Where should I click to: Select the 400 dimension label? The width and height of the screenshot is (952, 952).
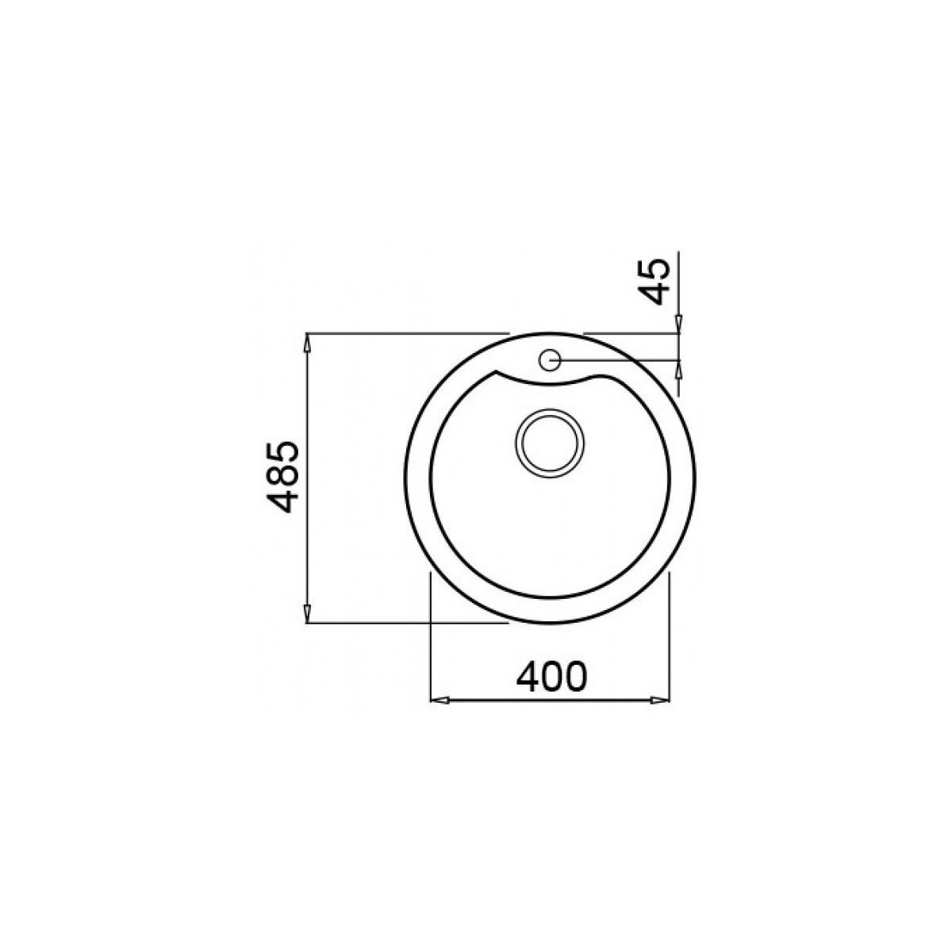(x=552, y=677)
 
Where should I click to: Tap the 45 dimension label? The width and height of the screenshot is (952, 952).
(x=653, y=282)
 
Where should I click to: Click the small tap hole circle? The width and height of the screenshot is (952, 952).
(x=549, y=359)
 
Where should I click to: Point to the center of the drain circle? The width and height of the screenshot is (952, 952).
(x=549, y=444)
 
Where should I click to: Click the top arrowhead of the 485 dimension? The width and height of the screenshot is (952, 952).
(x=307, y=343)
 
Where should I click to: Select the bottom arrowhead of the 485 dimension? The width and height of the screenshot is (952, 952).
(x=307, y=614)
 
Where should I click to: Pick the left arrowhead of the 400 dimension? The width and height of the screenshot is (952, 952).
(x=440, y=700)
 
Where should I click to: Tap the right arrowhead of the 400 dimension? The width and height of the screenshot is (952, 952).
(x=660, y=700)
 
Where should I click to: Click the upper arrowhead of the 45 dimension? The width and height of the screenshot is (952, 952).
(x=679, y=324)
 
